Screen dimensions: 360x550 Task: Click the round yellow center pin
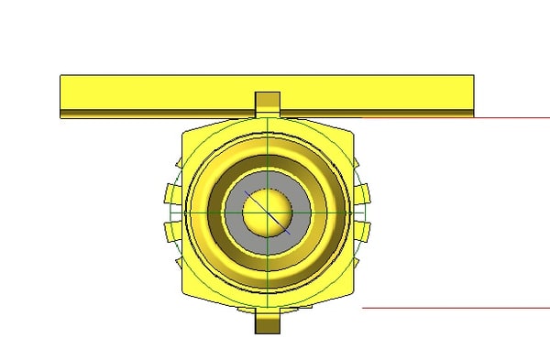[267, 212]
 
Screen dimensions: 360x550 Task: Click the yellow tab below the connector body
[267, 322]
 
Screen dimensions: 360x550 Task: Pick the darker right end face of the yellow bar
[469, 93]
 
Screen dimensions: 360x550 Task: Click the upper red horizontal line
[458, 118]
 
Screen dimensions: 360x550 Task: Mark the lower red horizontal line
[458, 308]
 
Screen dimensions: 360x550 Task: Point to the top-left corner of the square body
[187, 134]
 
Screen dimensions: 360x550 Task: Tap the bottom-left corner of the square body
[187, 290]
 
